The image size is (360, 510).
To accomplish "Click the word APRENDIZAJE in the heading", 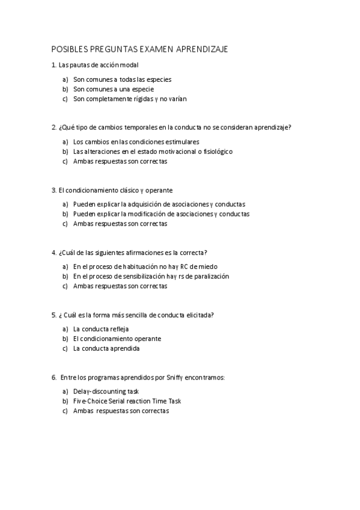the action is (202, 49).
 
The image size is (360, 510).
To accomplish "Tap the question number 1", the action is (53, 65).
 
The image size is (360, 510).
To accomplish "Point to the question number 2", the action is (53, 127).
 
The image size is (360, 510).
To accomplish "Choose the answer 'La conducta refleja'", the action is (101, 329).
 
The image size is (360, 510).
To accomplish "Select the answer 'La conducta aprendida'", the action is (106, 348).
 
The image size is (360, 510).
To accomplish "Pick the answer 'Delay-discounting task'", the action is (106, 391).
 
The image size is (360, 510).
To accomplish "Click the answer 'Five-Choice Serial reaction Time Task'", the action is (127, 401).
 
